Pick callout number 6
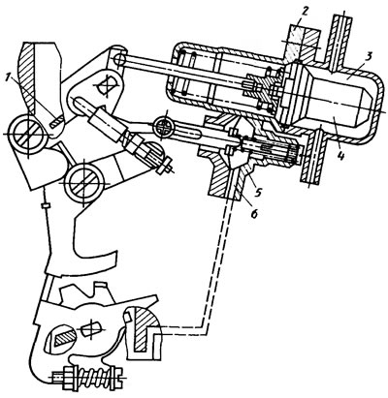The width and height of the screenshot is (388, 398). [255, 212]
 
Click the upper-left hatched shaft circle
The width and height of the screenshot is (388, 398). [27, 134]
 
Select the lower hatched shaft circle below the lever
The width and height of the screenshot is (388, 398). [83, 182]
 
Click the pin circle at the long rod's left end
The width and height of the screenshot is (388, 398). [121, 59]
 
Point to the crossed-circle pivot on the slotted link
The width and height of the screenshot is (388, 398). [164, 127]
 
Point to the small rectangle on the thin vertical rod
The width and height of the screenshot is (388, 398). [46, 206]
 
